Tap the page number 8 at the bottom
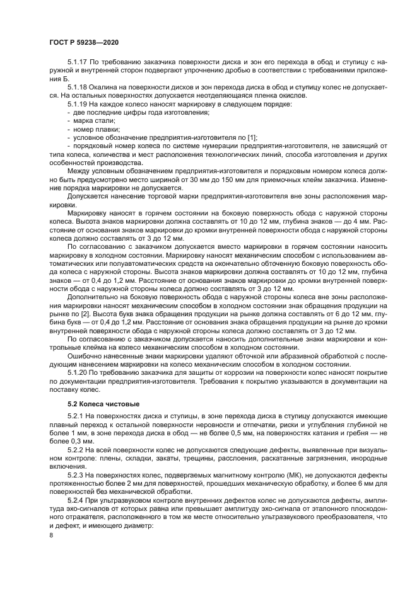click(x=50, y=535)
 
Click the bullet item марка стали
click(x=94, y=120)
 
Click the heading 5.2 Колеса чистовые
click(x=103, y=403)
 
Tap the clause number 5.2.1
click(x=76, y=418)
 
